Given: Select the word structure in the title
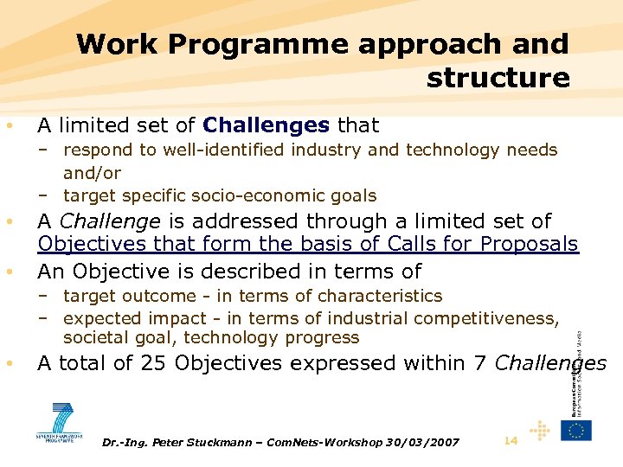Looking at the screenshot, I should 498,78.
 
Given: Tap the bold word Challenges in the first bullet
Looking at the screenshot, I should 266,125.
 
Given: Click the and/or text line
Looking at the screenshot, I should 92,173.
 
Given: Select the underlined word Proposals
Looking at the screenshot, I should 523,245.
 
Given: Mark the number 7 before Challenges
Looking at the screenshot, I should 478,363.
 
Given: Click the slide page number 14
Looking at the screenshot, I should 511,441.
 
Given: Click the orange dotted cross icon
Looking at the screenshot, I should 540,431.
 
